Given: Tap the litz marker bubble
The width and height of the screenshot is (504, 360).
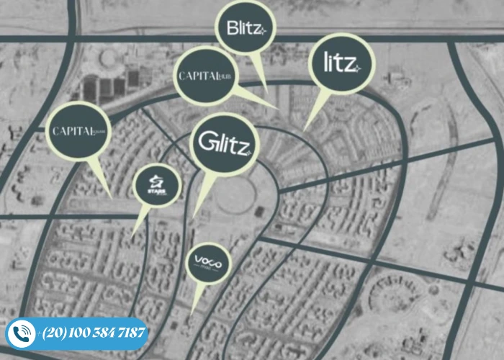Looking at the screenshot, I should point(343,63).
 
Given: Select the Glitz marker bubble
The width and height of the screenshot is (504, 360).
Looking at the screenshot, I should point(224,142).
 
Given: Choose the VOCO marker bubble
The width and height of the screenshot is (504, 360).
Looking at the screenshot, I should point(208,264).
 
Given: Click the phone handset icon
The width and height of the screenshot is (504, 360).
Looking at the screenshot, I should point(22,333).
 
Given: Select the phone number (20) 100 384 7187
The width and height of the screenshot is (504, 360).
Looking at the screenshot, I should point(94,333).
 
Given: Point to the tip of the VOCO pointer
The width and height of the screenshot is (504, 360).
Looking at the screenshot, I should point(193,311).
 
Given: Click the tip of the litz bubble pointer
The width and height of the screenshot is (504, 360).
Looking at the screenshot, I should point(304,130).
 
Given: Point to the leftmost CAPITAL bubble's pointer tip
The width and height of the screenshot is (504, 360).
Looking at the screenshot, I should point(112,196).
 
